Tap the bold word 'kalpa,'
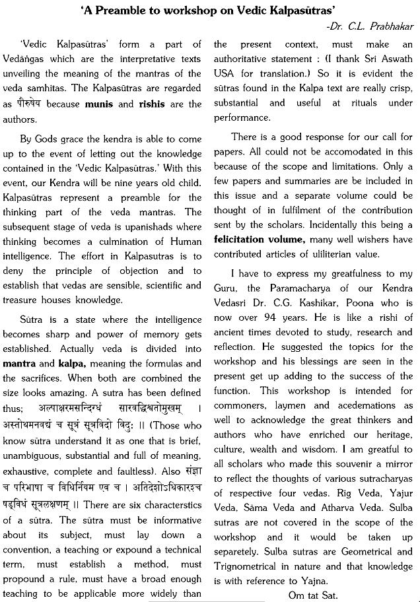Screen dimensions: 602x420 77,364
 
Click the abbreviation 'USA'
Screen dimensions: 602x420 224,88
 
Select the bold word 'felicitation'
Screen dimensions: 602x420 242,240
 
